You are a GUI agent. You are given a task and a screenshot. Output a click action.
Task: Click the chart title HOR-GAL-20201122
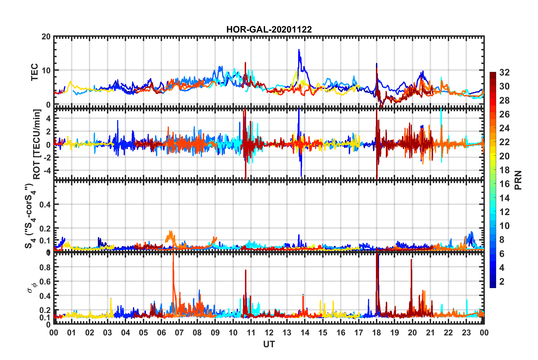point(269,29)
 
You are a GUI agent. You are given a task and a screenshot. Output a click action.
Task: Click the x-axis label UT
point(269,344)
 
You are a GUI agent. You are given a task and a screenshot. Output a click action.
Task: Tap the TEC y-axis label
point(35,72)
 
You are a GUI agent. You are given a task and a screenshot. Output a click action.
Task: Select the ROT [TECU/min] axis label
point(37,144)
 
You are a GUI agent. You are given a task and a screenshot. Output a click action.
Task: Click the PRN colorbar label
point(518,180)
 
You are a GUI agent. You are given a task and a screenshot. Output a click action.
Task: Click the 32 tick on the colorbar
point(504,72)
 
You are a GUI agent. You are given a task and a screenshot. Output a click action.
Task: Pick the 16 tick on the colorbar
point(504,184)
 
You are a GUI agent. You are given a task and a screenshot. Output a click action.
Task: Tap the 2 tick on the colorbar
point(502,281)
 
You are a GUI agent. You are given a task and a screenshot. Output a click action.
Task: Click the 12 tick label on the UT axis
point(269,333)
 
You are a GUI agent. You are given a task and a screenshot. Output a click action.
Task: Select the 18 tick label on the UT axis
point(376,333)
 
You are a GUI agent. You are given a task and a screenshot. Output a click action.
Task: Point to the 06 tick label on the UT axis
point(161,333)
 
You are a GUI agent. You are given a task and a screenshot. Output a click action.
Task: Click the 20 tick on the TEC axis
point(46,37)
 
